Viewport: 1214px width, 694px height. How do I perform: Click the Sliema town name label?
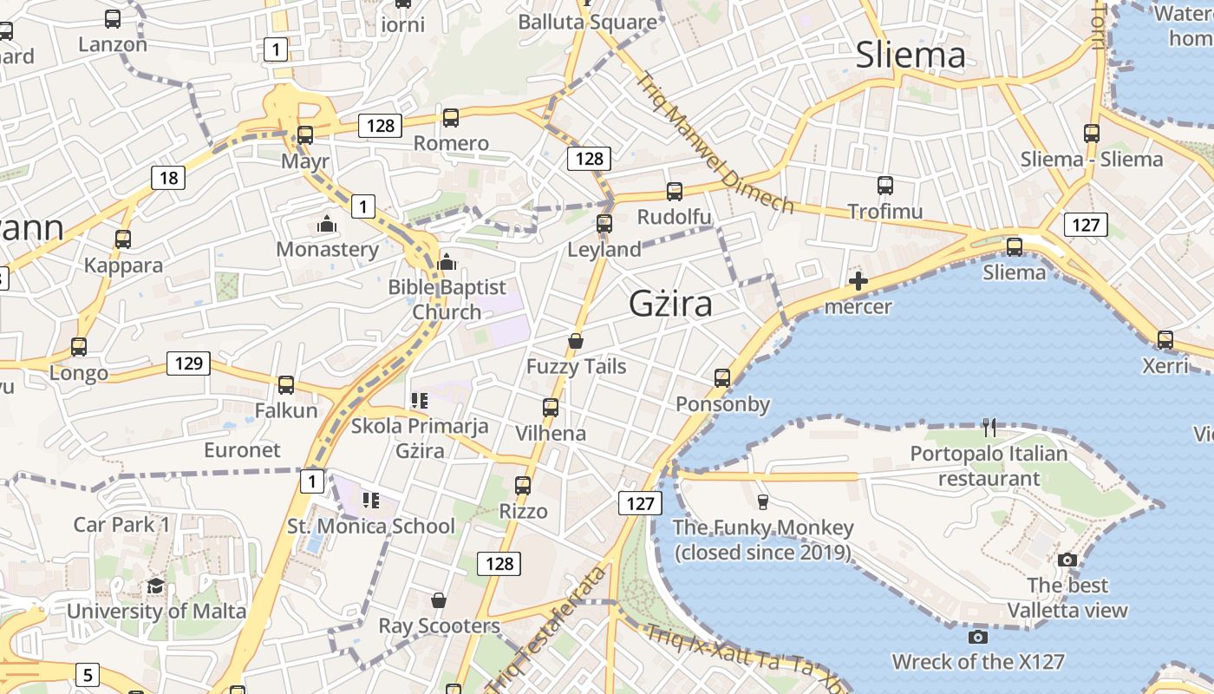click(910, 55)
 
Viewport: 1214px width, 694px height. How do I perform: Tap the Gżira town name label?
click(670, 304)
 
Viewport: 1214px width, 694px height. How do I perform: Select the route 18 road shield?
click(168, 178)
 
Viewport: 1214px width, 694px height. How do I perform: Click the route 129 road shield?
click(188, 363)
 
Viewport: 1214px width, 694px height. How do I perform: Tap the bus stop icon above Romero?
click(451, 118)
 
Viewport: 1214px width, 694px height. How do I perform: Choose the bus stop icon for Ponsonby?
click(722, 378)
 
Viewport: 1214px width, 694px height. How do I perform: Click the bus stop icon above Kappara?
click(123, 239)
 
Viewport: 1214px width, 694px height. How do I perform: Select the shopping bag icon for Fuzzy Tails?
click(575, 341)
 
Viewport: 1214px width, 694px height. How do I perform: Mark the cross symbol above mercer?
click(858, 281)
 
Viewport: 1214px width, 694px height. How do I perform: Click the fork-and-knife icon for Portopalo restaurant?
click(989, 427)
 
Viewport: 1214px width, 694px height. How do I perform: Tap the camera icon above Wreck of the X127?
click(977, 638)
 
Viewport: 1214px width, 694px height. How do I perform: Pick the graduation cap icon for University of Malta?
click(156, 586)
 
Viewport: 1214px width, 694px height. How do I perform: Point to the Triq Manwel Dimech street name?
click(715, 143)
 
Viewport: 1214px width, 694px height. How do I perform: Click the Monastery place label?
click(327, 250)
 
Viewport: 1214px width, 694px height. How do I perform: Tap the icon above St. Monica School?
click(371, 500)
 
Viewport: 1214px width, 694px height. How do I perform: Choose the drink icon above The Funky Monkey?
click(763, 501)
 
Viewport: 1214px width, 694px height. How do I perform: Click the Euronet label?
click(242, 450)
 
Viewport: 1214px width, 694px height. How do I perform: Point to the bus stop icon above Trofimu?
click(884, 185)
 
